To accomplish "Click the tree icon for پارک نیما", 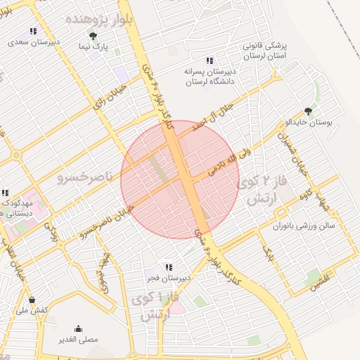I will (x=93, y=34).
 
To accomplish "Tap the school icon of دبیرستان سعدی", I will (x=32, y=32).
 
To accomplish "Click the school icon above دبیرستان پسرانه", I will (x=209, y=60).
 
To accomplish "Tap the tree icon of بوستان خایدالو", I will (x=308, y=110).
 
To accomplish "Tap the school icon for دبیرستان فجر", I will (x=169, y=267).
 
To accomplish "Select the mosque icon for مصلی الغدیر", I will (x=78, y=328).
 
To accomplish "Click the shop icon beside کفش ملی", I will (x=32, y=300).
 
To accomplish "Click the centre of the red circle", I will (x=180, y=179).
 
